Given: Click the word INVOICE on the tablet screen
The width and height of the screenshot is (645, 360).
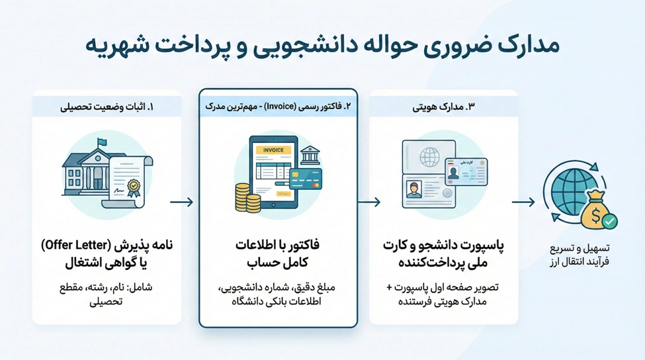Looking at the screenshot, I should [274, 150].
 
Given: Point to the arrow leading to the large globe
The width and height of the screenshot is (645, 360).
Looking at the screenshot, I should [523, 202].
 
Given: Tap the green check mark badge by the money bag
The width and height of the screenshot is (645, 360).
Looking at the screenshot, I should [610, 221].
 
